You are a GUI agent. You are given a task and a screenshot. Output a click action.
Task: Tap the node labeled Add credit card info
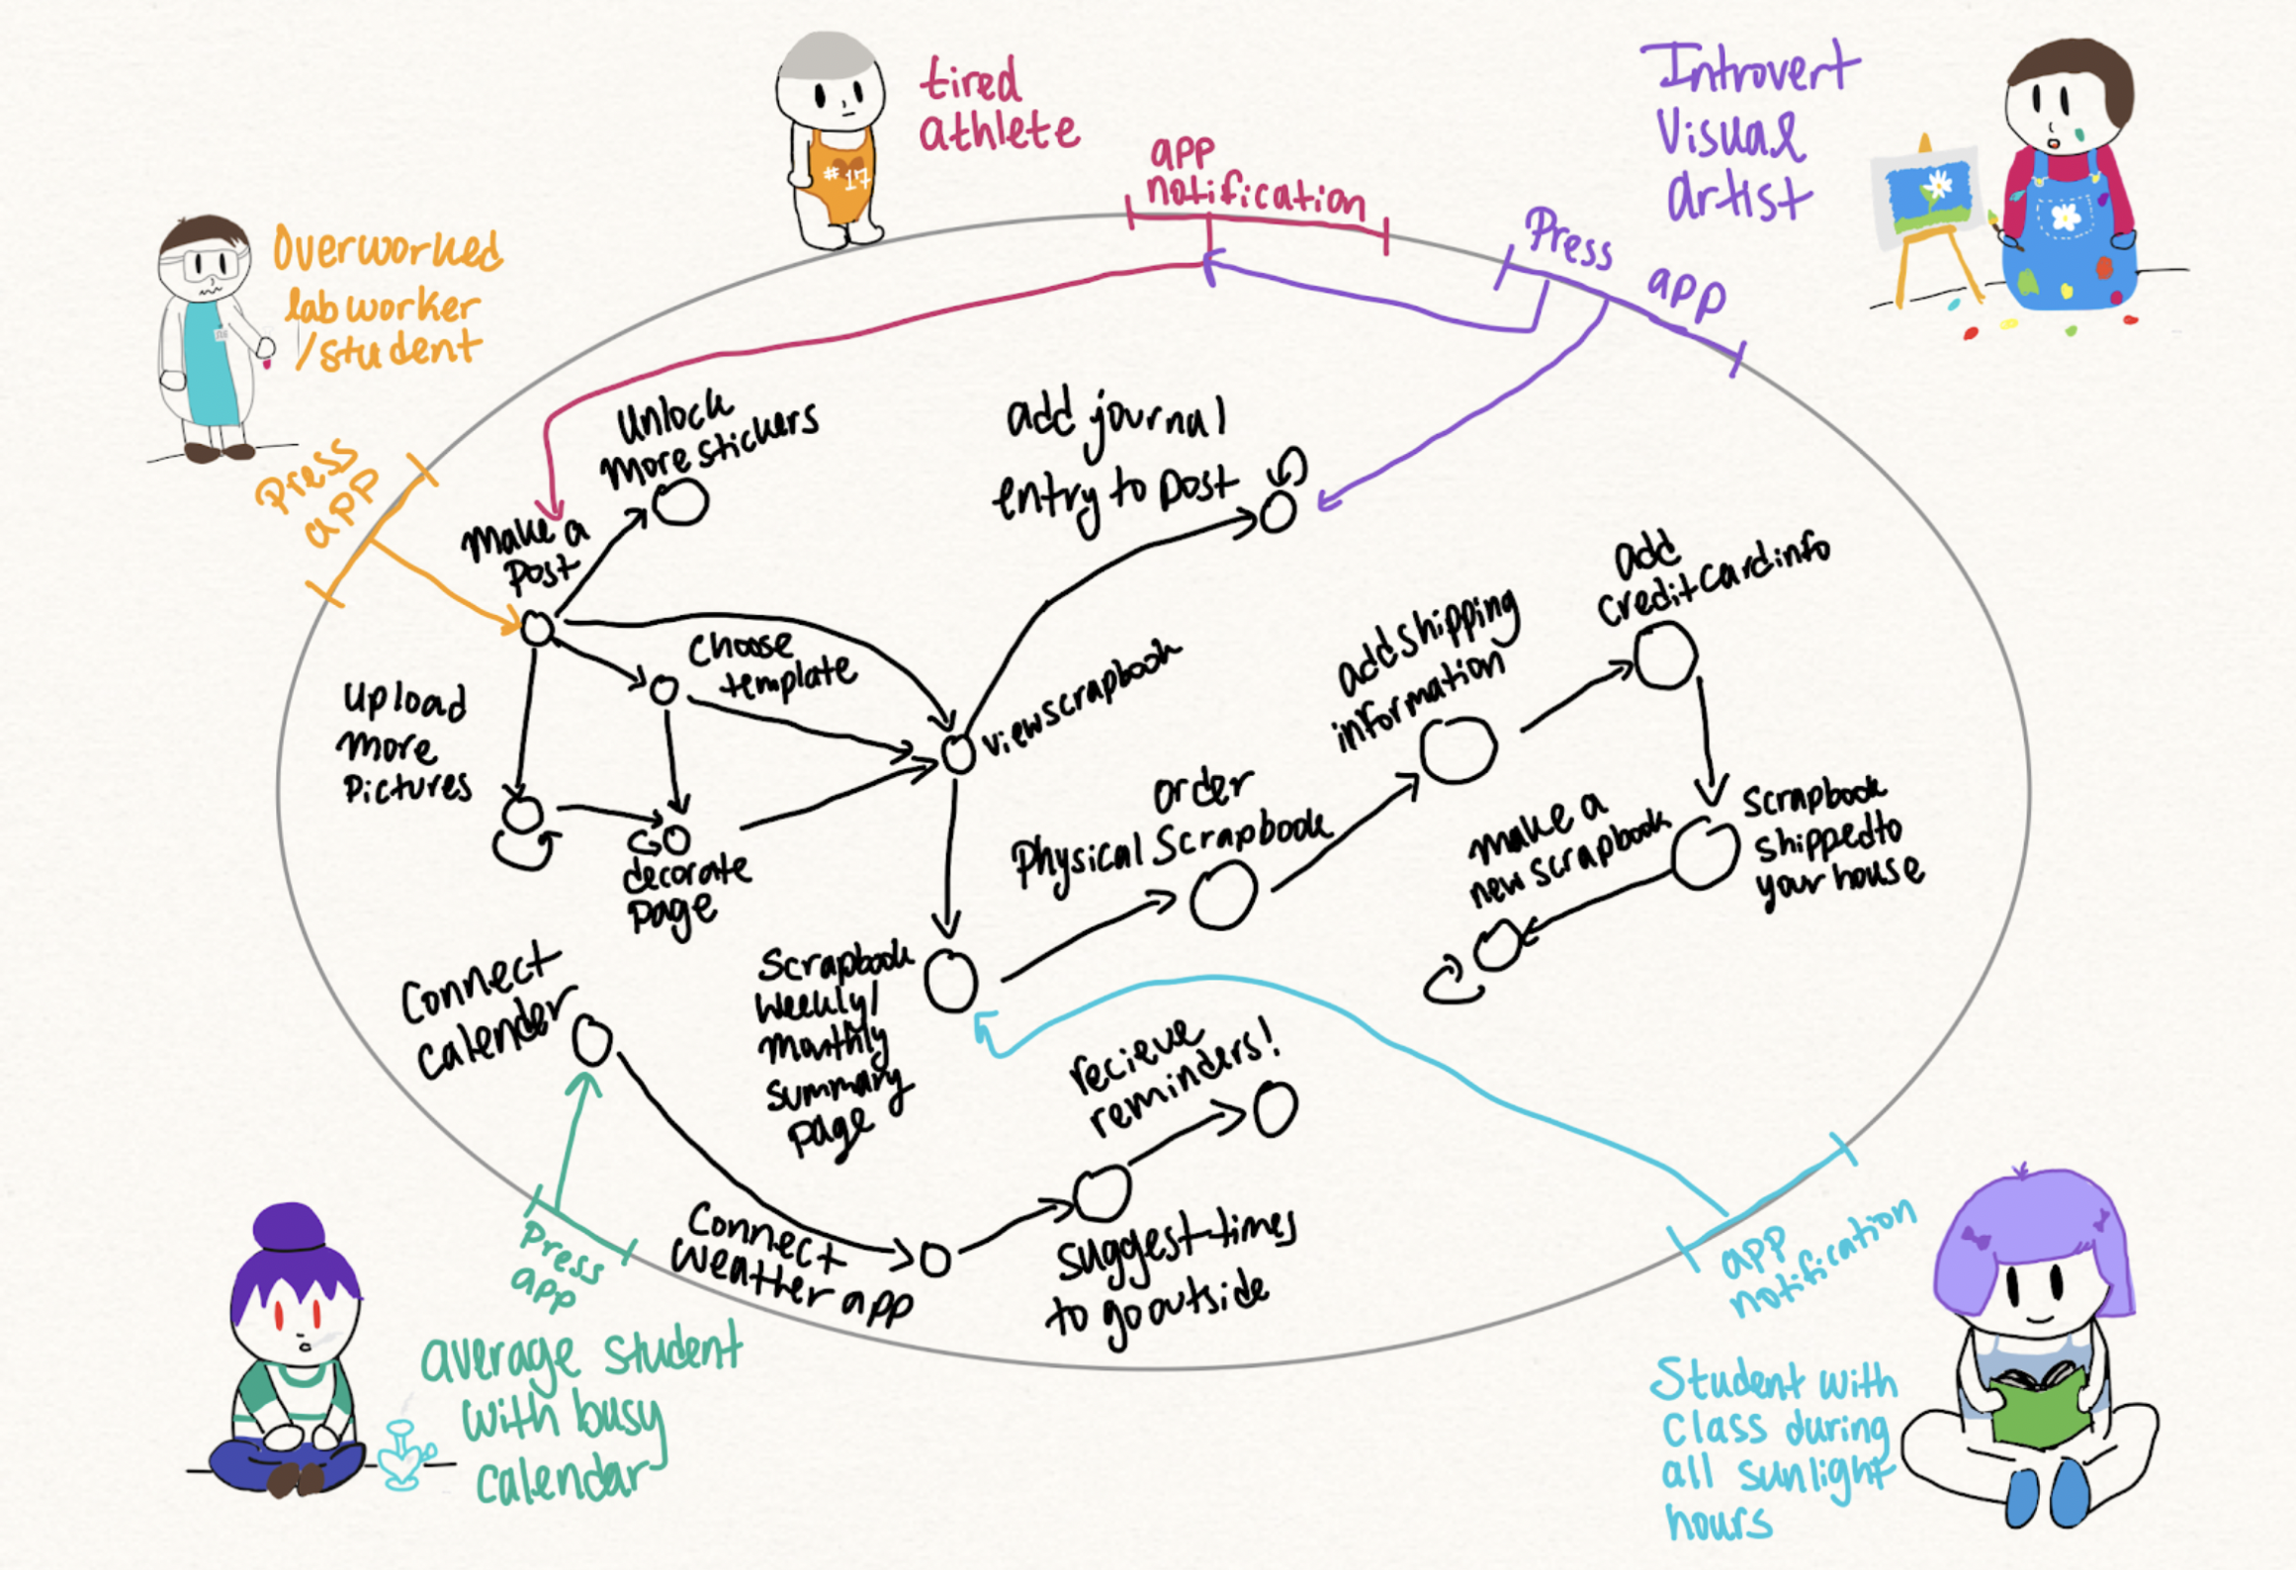point(1665,655)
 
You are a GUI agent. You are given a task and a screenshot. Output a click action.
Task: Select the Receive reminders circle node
point(1275,1109)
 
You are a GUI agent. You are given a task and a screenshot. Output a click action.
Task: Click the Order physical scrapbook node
point(1222,896)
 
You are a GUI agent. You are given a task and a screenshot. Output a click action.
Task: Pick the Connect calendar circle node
point(592,1040)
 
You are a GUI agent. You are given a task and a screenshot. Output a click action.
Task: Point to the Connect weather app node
point(934,1259)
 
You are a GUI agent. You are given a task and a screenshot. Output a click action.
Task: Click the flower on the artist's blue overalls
point(2066,217)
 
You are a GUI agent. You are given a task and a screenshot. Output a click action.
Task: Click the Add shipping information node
point(1457,748)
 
